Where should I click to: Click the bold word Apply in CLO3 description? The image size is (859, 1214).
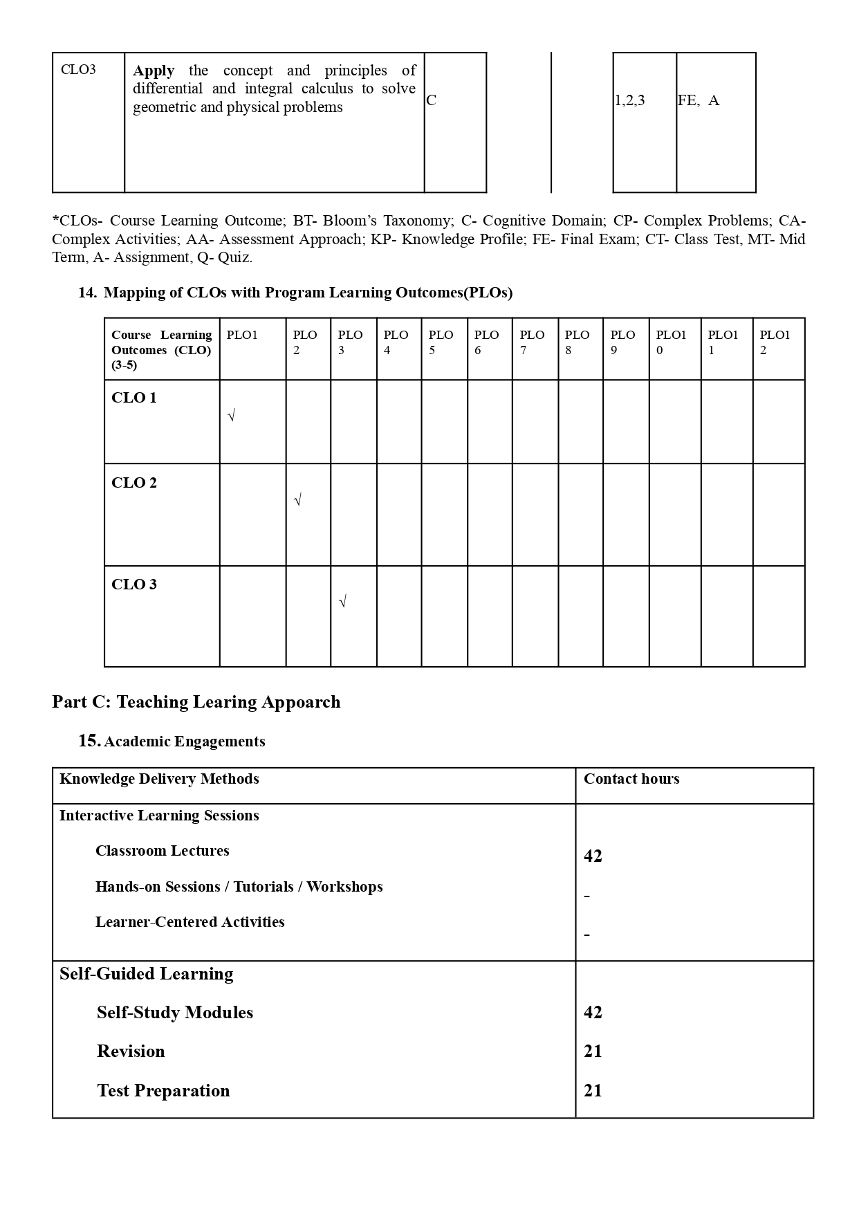[x=154, y=71]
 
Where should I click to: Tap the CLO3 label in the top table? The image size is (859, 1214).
[x=78, y=70]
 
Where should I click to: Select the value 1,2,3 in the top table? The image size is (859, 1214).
[x=630, y=101]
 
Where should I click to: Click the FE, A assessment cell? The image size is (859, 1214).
[x=699, y=101]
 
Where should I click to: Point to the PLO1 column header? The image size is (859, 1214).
[x=242, y=335]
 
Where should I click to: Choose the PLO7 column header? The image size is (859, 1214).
[x=532, y=342]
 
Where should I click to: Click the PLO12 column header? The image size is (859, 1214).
[x=775, y=342]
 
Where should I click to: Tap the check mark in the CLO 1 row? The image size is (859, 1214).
[x=232, y=416]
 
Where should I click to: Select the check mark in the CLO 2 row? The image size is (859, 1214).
[x=298, y=500]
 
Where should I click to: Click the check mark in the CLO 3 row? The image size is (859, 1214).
[x=343, y=602]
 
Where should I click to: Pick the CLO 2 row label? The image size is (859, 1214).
[x=134, y=483]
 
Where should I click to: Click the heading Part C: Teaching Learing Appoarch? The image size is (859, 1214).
[x=196, y=702]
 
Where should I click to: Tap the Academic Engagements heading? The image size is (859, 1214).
[x=184, y=742]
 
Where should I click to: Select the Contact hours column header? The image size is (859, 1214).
[x=631, y=779]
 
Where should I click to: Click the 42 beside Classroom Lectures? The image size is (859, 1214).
[x=593, y=856]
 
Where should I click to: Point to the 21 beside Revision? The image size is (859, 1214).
[x=593, y=1051]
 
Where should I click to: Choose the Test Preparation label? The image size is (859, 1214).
[x=163, y=1091]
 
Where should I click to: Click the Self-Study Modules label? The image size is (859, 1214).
[x=175, y=1013]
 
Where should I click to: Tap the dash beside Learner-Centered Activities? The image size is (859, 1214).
[x=587, y=935]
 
